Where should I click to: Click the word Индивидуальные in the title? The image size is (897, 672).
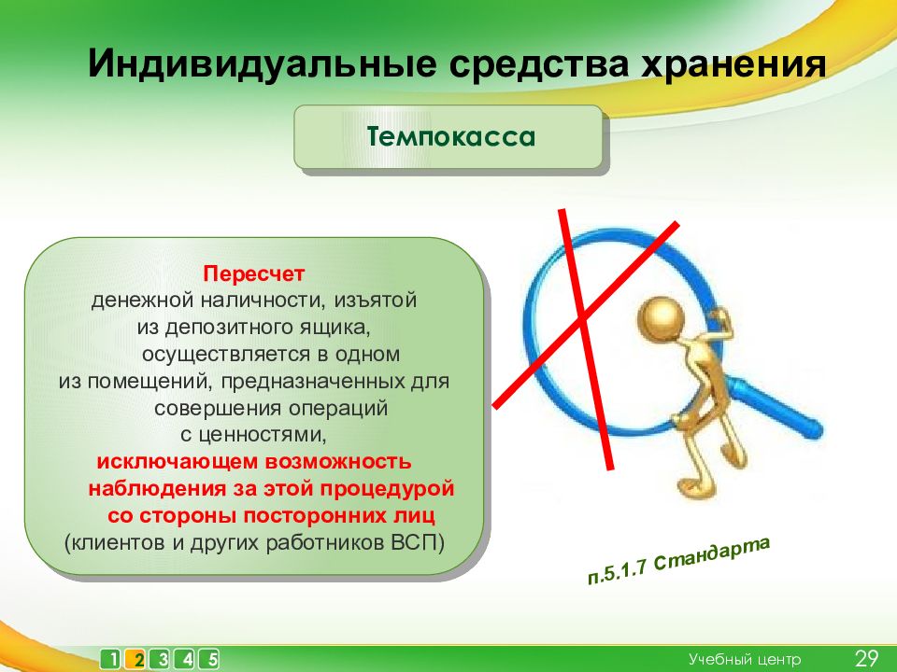(x=263, y=63)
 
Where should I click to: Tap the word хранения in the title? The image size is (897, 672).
(x=733, y=64)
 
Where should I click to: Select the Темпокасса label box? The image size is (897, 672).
(x=448, y=137)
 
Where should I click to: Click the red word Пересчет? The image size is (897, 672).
(x=254, y=273)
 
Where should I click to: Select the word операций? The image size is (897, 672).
(x=338, y=409)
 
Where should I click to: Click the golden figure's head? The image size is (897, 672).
(x=662, y=317)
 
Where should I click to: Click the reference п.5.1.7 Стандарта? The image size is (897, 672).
(x=678, y=560)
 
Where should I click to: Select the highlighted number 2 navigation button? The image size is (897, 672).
(x=138, y=660)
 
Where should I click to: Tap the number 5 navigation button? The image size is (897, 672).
(x=211, y=660)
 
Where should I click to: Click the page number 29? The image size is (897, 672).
(x=866, y=659)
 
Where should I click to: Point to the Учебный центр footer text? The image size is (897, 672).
(x=745, y=660)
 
